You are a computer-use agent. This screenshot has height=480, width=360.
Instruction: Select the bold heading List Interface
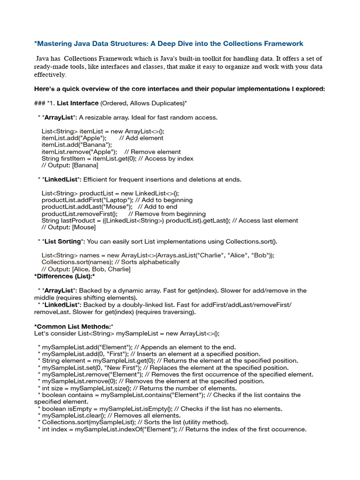(77, 103)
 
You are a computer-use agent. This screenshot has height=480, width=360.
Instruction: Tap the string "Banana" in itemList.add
(92, 145)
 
